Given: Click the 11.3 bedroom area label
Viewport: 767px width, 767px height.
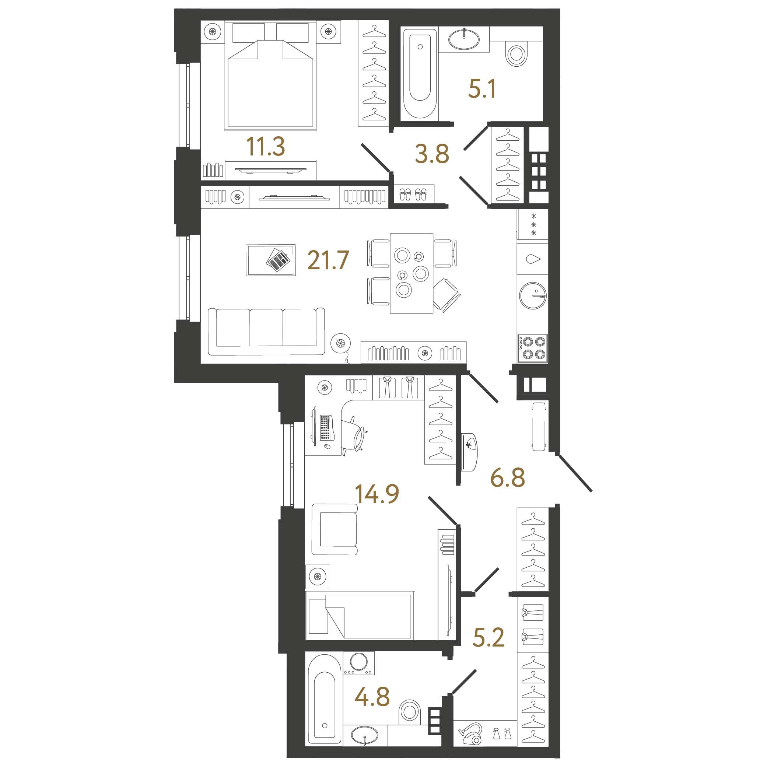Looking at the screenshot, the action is tap(265, 147).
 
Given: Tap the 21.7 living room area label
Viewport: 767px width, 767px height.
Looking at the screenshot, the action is tap(328, 260).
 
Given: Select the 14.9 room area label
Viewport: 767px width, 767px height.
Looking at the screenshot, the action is tap(377, 494).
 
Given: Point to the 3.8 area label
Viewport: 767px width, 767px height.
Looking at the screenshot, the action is tap(432, 154).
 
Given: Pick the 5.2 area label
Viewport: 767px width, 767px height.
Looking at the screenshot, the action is tap(488, 637).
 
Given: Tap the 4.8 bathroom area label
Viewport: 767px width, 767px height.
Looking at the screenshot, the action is tap(372, 697).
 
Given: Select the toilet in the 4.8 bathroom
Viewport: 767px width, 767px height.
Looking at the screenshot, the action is tap(409, 711).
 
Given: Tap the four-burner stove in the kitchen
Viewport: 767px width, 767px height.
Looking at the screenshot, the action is tap(533, 348).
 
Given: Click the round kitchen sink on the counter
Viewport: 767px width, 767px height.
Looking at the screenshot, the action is tap(533, 296).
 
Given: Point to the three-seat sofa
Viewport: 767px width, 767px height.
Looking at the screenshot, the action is tap(266, 332).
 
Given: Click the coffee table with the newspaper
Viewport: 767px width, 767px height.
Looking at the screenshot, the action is tap(270, 260).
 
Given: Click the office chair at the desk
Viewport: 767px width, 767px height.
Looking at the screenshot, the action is tap(354, 435).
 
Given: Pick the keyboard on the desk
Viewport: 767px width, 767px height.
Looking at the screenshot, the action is tap(325, 427).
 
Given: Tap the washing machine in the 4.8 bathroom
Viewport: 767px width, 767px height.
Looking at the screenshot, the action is tap(358, 663).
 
